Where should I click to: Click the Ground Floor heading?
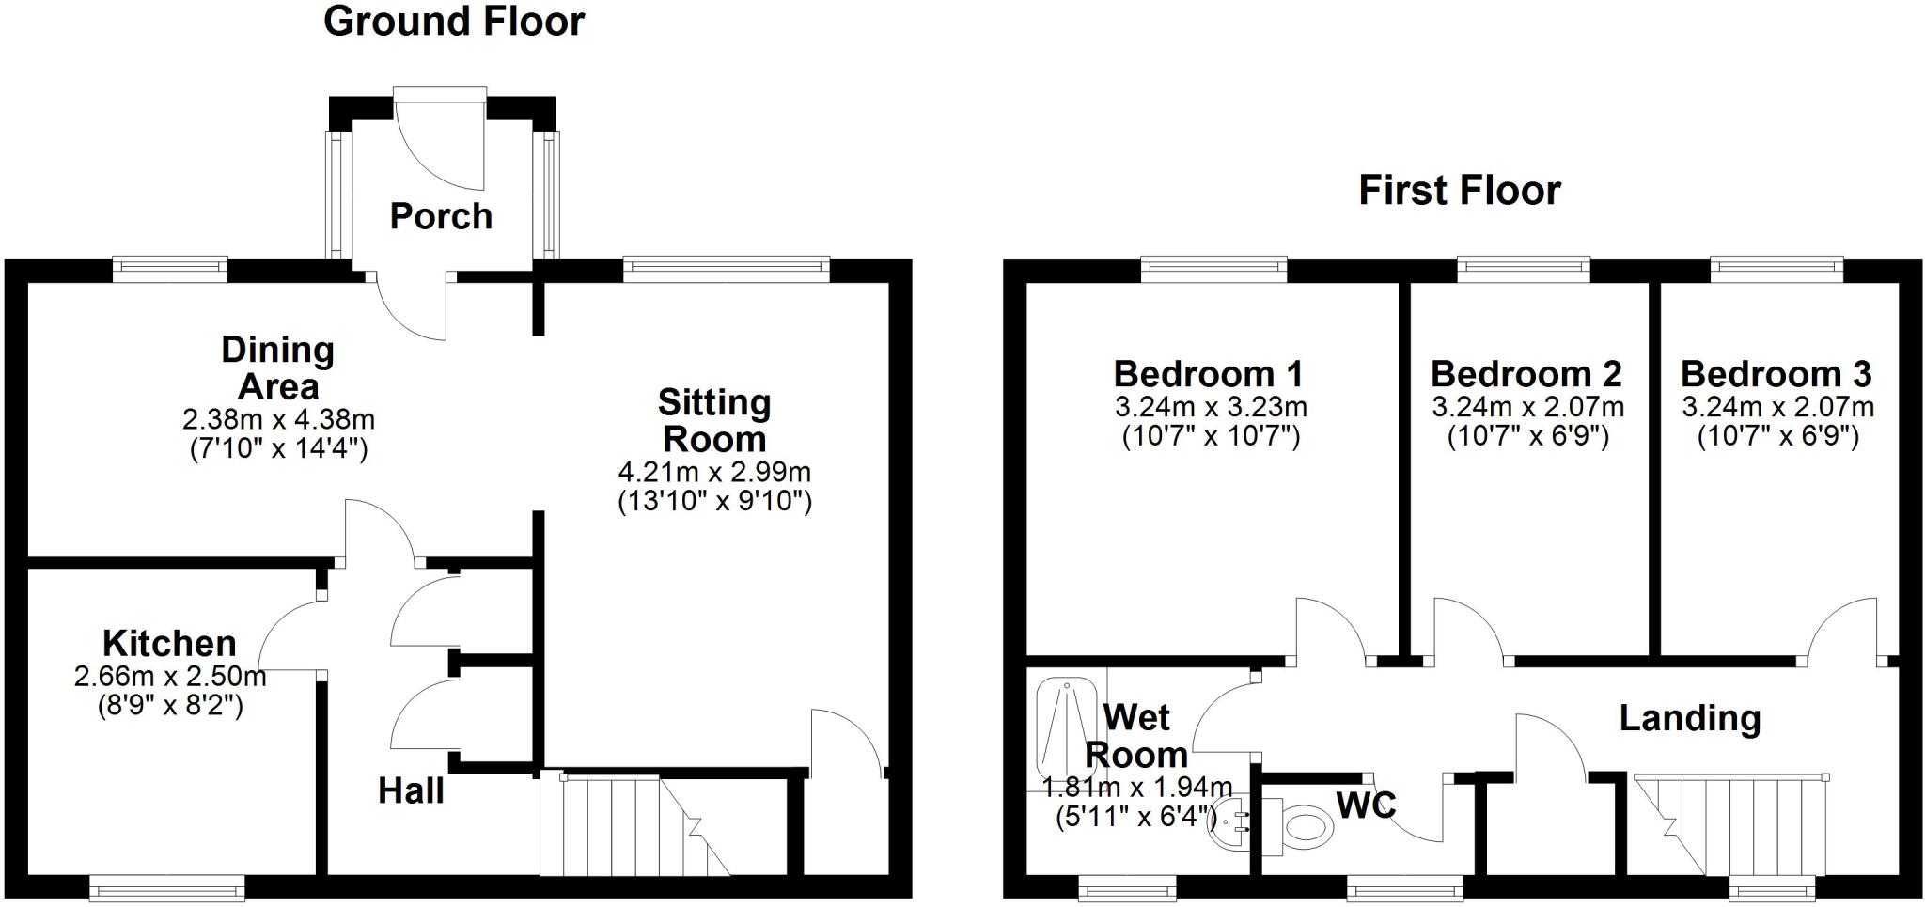(x=454, y=22)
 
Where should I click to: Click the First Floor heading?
(x=1459, y=191)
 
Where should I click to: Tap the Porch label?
(x=441, y=216)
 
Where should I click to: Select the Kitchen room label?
(x=169, y=644)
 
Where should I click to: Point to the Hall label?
(x=411, y=790)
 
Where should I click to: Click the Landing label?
(x=1689, y=718)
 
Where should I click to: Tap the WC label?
(x=1366, y=805)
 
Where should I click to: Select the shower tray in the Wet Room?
(x=1066, y=725)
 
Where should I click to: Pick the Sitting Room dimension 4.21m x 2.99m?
(x=714, y=472)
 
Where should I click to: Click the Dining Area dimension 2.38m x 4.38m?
(x=278, y=419)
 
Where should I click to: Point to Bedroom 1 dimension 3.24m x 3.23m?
(x=1211, y=407)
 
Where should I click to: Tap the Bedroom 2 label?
(x=1526, y=374)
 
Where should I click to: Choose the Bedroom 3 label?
(x=1776, y=374)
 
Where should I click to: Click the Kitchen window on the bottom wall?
(x=167, y=886)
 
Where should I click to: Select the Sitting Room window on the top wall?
(x=727, y=270)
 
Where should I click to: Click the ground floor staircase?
(x=639, y=825)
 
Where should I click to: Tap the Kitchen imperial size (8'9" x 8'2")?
(x=170, y=705)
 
